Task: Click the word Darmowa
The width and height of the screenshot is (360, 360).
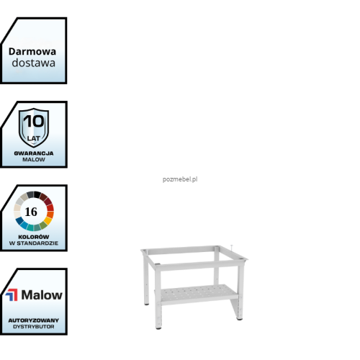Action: click(32, 52)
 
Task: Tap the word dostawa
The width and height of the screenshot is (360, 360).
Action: click(34, 63)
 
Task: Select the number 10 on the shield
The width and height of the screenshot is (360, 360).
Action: click(34, 121)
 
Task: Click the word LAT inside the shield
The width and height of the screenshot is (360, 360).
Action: click(33, 138)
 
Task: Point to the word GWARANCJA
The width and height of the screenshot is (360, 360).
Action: click(34, 153)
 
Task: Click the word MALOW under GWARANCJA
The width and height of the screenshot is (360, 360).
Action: click(34, 160)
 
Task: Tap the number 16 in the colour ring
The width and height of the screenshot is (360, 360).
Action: click(31, 212)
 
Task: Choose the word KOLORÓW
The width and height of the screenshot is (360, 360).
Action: click(34, 237)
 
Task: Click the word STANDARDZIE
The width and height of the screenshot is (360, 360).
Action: click(37, 243)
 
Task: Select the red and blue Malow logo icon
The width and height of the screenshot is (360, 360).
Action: click(12, 295)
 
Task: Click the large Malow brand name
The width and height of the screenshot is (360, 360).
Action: click(42, 295)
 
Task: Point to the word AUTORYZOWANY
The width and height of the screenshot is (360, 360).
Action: click(34, 320)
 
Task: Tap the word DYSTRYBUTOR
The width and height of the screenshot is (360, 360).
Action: click(34, 327)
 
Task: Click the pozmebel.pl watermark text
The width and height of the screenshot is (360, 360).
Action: click(180, 179)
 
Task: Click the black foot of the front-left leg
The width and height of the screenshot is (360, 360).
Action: click(158, 328)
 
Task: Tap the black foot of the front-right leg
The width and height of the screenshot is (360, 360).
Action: click(240, 319)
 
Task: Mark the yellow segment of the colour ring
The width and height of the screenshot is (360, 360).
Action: click(48, 220)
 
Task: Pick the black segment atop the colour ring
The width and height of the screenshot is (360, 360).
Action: click(37, 194)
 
